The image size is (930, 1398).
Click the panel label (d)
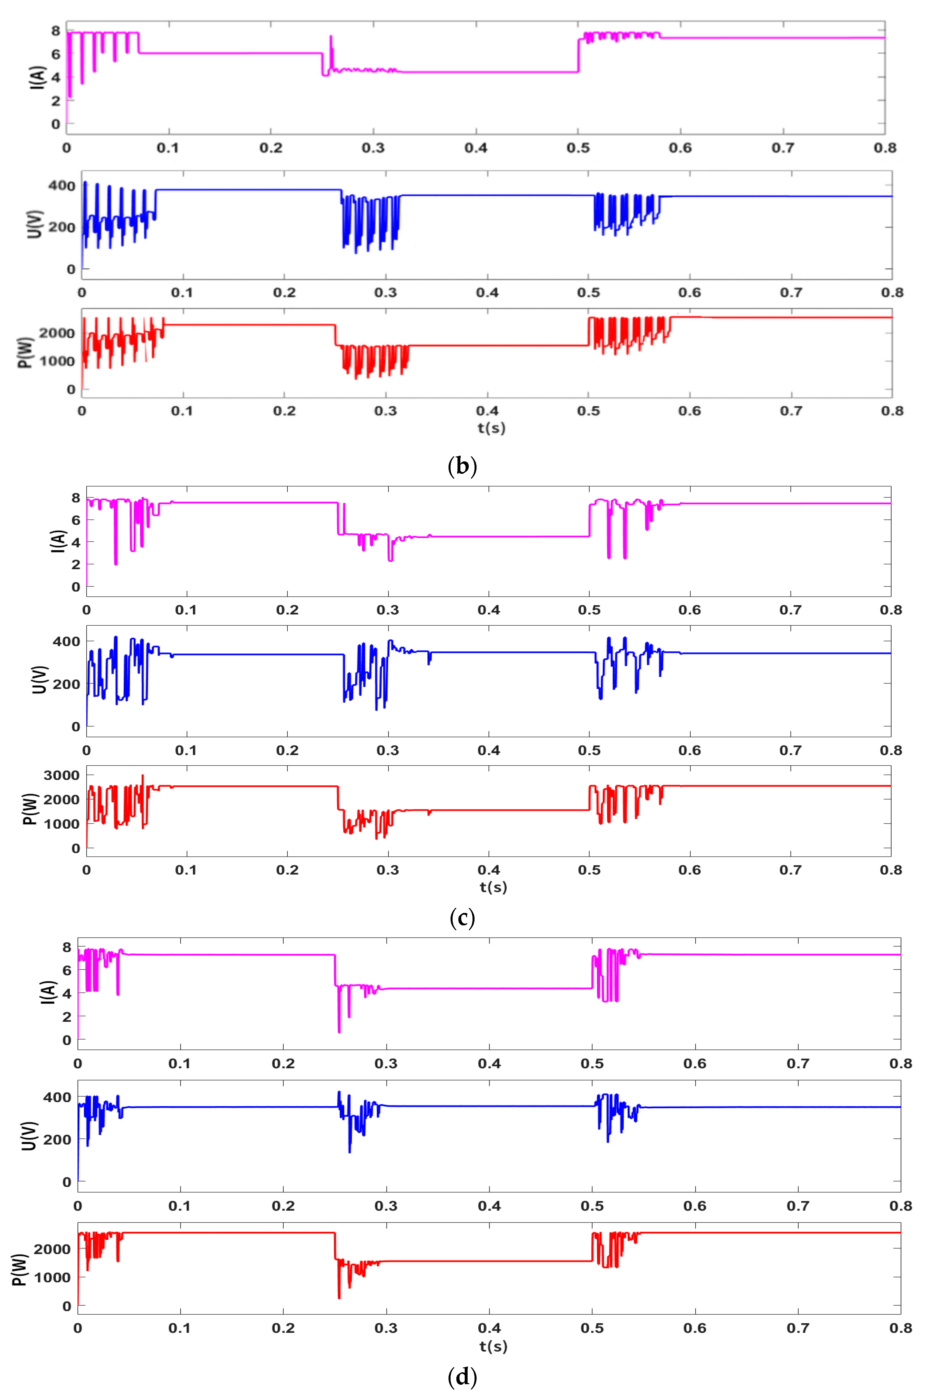pos(462,1377)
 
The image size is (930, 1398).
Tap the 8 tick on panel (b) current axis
pos(56,31)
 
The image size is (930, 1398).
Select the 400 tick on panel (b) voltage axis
pos(62,186)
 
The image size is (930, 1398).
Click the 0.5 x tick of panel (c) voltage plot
pos(589,751)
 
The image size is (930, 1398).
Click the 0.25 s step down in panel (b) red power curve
pos(336,335)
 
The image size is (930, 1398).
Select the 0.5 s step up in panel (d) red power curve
pos(593,1247)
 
